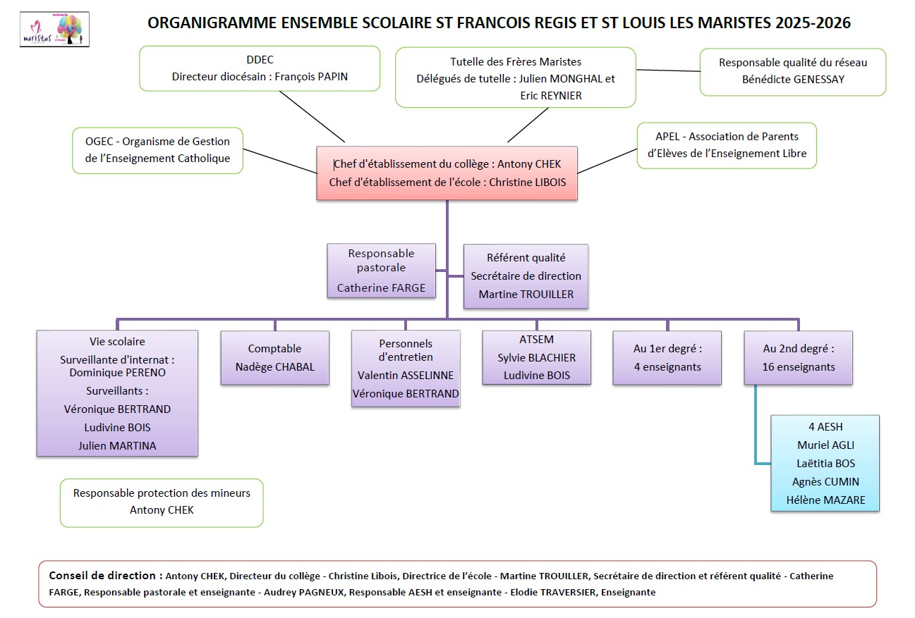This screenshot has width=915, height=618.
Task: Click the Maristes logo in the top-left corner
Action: [x=54, y=30]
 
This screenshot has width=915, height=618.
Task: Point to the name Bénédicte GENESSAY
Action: [x=793, y=79]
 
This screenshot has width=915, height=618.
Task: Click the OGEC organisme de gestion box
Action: [x=157, y=150]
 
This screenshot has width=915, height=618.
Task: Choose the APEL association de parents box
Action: [x=727, y=146]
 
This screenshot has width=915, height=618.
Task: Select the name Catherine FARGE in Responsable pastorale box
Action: [x=381, y=288]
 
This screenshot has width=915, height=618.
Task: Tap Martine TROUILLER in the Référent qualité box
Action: [x=526, y=294]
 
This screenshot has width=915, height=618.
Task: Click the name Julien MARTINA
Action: [x=117, y=445]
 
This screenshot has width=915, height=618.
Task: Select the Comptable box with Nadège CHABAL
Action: [x=274, y=357]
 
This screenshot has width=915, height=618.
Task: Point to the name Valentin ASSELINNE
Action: [x=406, y=376]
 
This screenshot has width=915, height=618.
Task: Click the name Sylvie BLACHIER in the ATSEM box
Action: [x=536, y=357]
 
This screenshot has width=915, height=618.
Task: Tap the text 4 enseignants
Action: [x=667, y=366]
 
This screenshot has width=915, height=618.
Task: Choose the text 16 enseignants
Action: [x=798, y=366]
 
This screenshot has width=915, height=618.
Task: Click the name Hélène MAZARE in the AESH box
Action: [x=825, y=500]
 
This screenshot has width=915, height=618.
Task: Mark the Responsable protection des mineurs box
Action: [x=162, y=502]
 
